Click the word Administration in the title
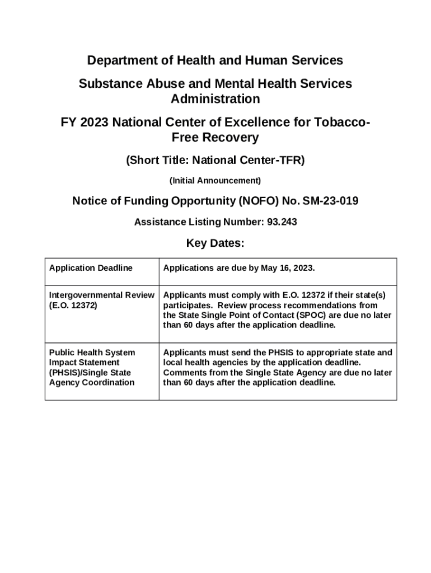tap(215, 99)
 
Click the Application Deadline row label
tap(91, 268)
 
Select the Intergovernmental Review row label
tap(101, 295)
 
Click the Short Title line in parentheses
tap(215, 161)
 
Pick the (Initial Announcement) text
tap(215, 181)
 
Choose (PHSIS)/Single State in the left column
tap(90, 373)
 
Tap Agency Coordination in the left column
tap(92, 383)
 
